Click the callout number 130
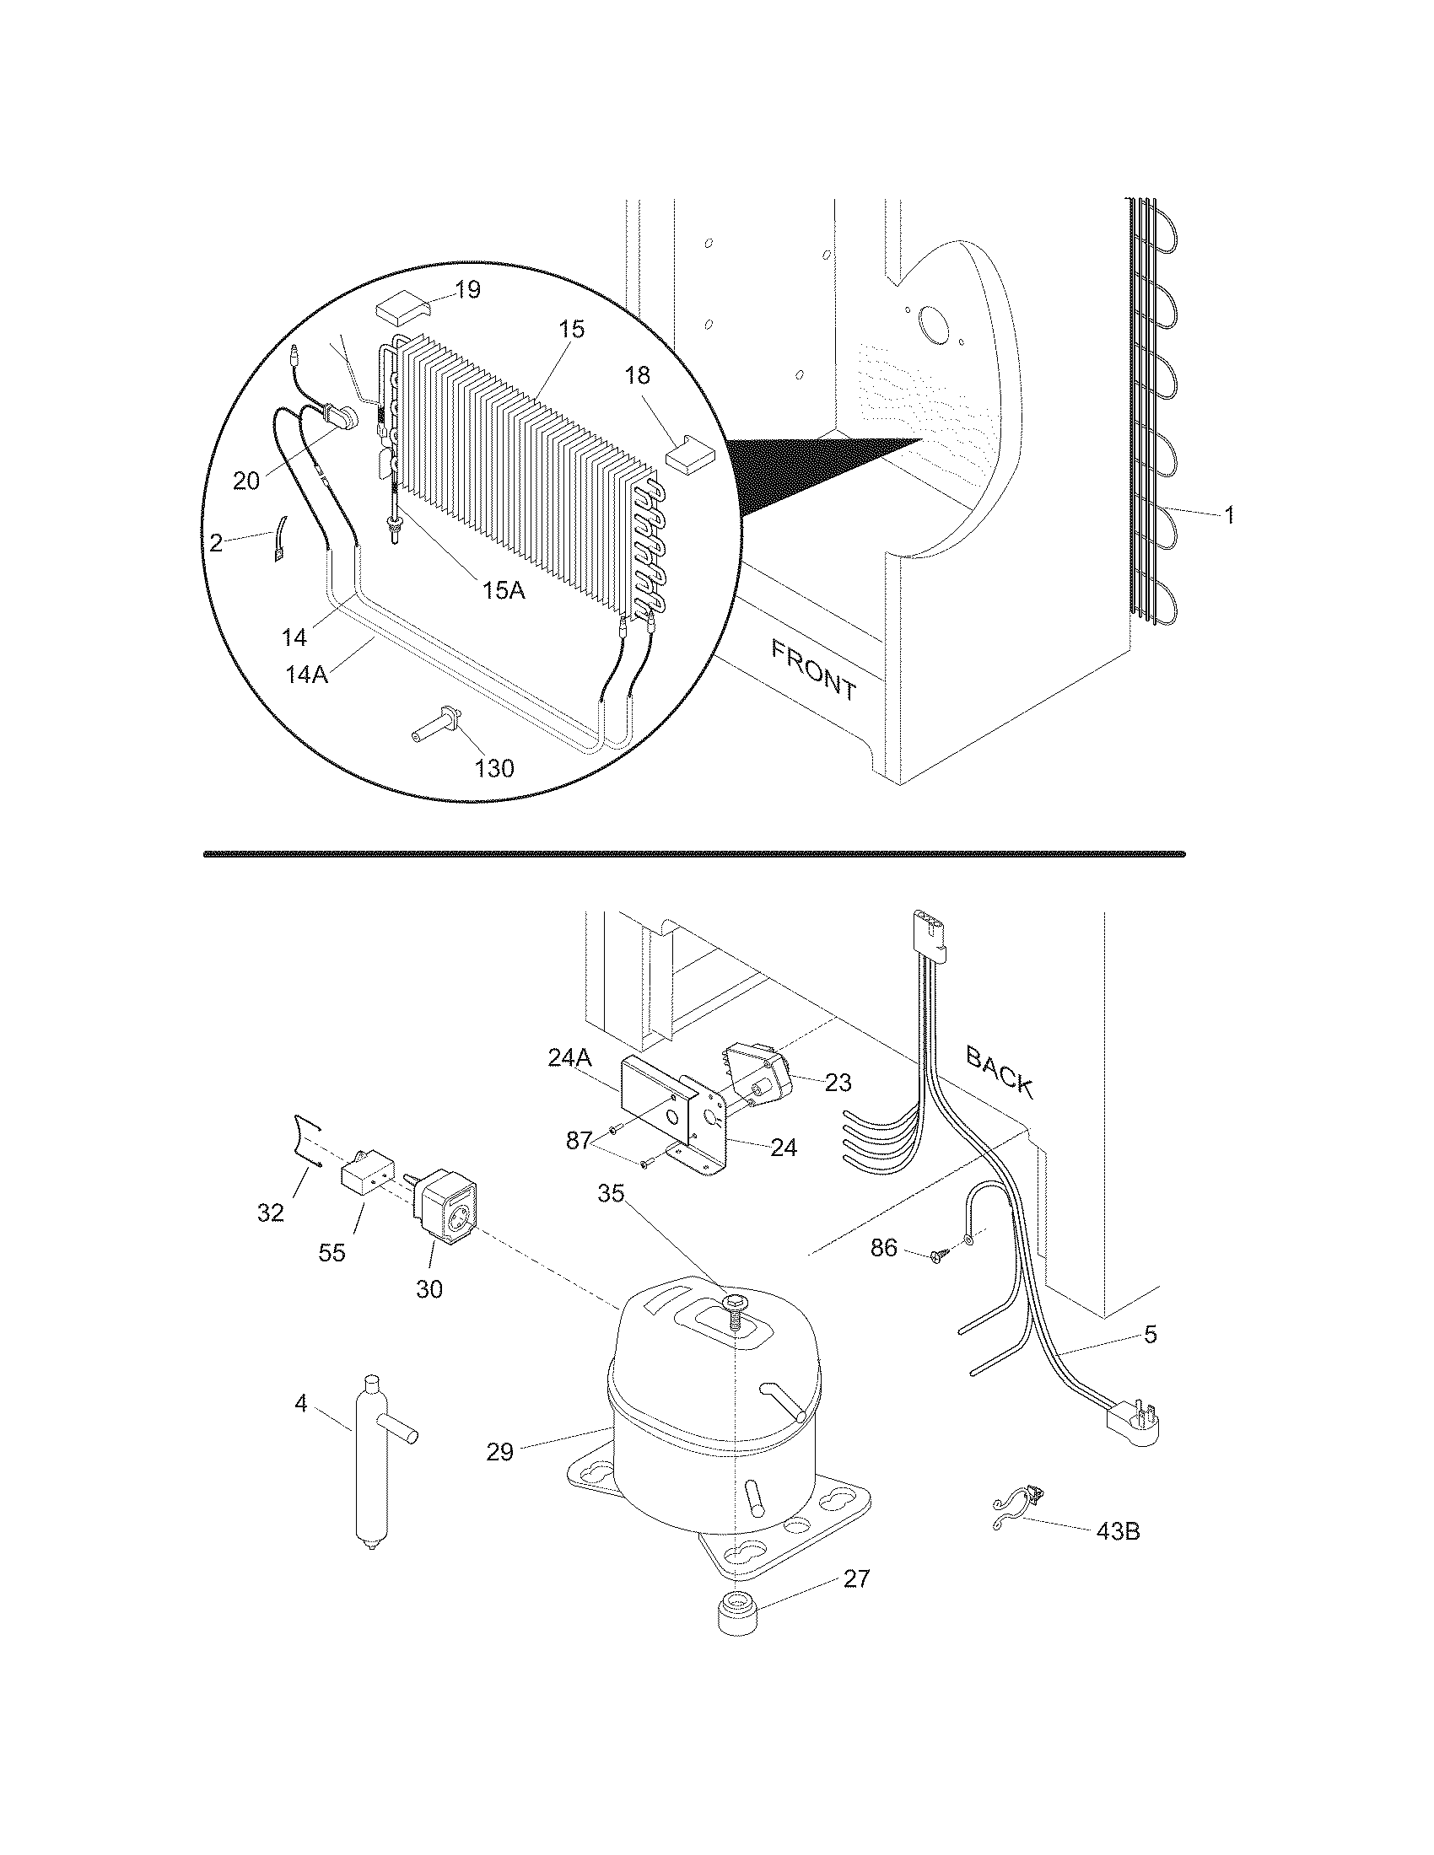494,768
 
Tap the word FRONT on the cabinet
813,671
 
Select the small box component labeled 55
367,1177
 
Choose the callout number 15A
504,590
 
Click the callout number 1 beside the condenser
1228,514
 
